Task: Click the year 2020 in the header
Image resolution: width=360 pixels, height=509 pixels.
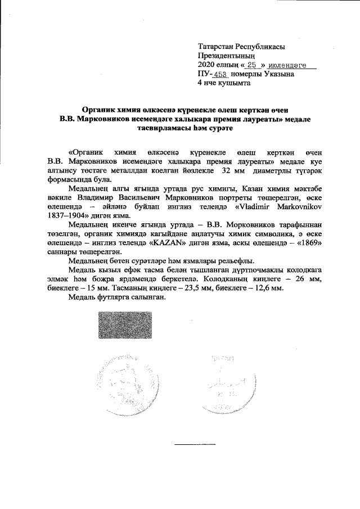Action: (207, 65)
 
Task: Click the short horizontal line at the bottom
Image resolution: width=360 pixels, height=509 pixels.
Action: (187, 444)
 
